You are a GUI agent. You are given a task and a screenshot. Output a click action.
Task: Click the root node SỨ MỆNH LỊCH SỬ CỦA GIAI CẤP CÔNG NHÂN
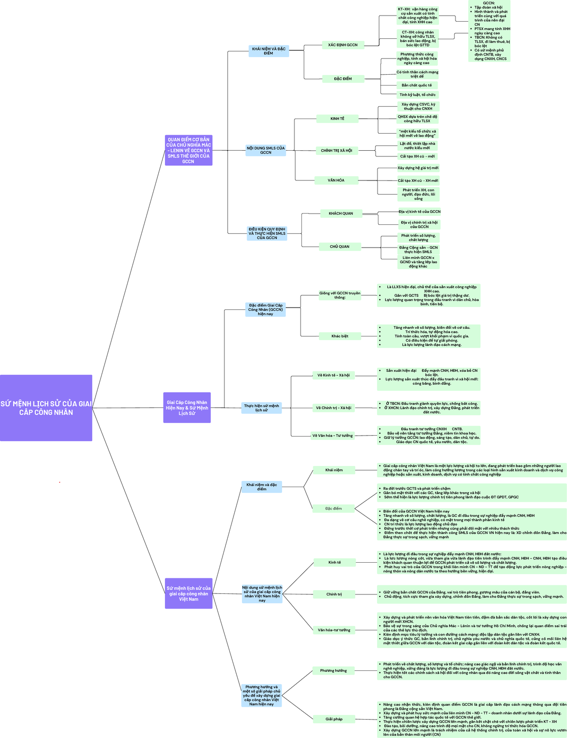coord(46,408)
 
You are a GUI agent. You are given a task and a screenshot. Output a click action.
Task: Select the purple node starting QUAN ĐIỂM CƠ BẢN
coord(189,150)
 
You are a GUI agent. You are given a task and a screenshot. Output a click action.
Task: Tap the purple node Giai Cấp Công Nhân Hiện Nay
coord(187,408)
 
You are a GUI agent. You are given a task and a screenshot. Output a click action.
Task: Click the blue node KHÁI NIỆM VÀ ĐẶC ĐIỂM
coord(268,51)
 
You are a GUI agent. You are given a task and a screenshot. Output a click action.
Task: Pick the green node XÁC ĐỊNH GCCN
coord(343,45)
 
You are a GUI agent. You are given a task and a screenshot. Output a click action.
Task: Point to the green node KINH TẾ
coord(337,119)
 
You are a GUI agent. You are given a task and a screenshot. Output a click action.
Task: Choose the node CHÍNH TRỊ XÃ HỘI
coord(336,151)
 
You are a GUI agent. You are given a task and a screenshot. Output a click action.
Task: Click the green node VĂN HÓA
coord(336,180)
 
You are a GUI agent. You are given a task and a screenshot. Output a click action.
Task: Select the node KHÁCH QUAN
coord(341,214)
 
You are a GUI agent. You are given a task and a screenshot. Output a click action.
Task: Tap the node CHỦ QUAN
coord(340,247)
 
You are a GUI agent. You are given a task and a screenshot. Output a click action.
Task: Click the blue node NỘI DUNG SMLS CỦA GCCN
coord(266,150)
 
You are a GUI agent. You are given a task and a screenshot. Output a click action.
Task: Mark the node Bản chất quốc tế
coord(417,86)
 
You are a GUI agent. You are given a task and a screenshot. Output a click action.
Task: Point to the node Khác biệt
coord(340,336)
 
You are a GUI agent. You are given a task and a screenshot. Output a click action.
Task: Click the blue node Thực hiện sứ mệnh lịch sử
coord(261,408)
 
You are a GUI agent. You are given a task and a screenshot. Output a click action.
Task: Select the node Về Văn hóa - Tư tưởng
coord(332,436)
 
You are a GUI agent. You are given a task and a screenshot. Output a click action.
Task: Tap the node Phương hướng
coord(334,670)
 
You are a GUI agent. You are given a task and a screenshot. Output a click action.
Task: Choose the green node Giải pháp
coord(334,719)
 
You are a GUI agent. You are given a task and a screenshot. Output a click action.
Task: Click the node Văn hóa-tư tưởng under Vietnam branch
coord(334,630)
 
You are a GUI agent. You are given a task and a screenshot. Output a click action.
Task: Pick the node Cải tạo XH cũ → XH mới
coord(418,180)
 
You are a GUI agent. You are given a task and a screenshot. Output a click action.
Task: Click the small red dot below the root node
coord(60,482)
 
